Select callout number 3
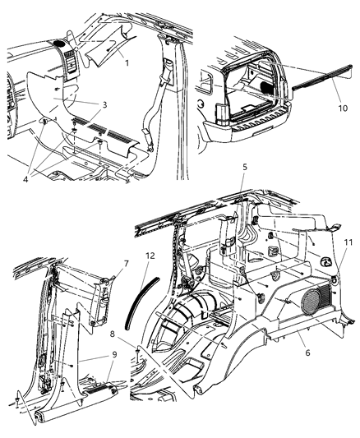(104, 106)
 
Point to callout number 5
(244, 190)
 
